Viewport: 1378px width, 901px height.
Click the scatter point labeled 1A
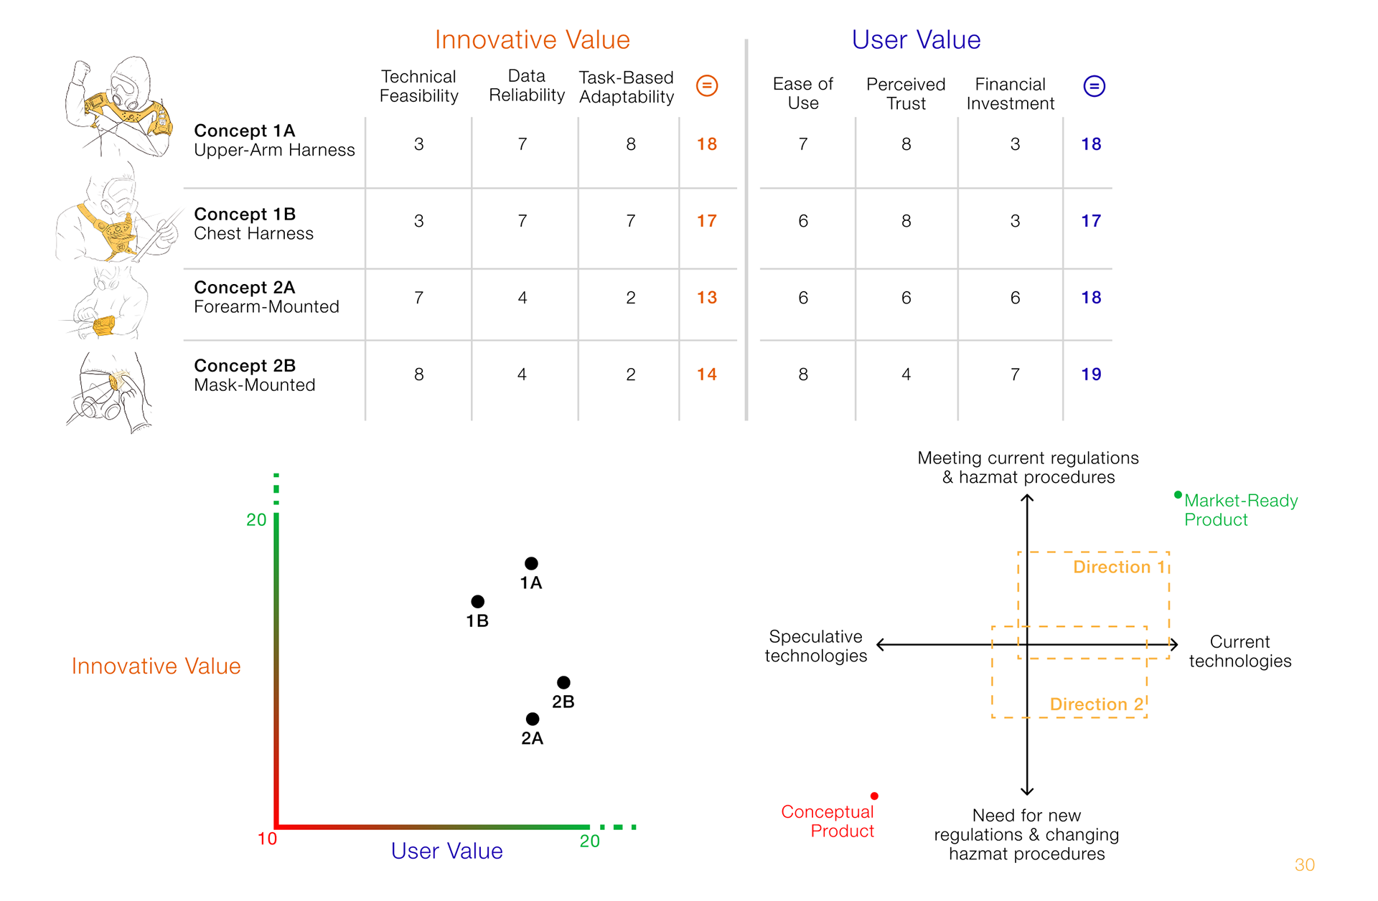531,563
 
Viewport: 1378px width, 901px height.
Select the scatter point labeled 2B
563,682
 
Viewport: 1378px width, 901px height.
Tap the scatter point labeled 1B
477,601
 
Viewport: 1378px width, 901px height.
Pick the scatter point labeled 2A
532,719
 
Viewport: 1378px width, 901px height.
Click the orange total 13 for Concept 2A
707,298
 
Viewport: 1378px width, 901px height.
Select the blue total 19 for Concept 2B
1091,374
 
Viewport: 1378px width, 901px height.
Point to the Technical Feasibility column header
419,86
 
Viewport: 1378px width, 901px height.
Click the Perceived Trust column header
906,94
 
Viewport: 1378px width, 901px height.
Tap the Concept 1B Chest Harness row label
254,224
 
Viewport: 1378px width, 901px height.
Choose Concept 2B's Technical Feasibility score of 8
419,374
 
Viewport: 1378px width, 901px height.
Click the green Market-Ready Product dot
1178,495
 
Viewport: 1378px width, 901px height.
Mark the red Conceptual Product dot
874,796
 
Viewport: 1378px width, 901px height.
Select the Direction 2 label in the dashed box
1096,704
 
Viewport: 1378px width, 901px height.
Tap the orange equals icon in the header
707,86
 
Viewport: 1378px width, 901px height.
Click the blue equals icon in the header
1094,86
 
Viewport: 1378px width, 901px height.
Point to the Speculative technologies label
816,646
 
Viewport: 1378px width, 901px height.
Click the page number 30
1305,865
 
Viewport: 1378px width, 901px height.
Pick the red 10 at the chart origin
267,839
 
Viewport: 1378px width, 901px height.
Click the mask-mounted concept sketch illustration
110,392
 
